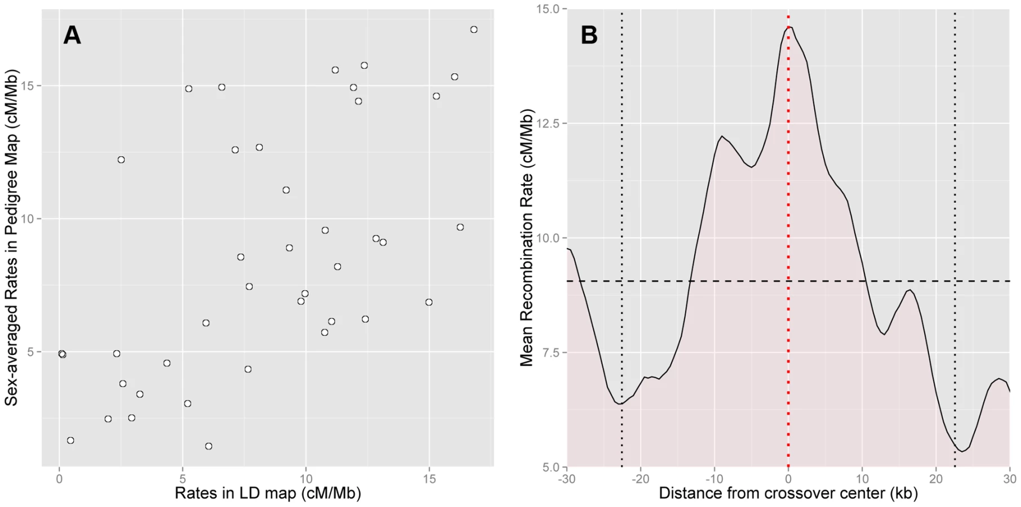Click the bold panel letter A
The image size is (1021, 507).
(72, 35)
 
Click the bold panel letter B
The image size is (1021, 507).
(589, 35)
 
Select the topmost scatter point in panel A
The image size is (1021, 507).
(474, 29)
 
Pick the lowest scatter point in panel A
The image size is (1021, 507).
(208, 446)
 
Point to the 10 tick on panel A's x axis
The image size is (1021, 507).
(305, 479)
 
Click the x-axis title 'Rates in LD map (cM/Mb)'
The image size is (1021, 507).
(268, 493)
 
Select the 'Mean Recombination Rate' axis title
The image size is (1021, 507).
(526, 238)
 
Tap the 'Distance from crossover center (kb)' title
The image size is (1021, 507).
(788, 493)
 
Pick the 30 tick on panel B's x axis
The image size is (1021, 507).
(1009, 479)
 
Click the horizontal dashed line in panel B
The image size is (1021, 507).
(788, 281)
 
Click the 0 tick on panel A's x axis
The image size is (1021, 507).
(59, 479)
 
